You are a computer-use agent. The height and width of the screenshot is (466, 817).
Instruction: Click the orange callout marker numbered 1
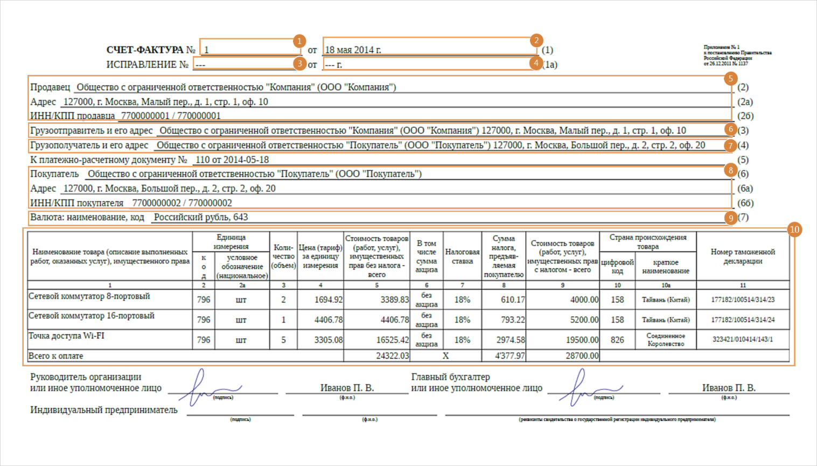tap(299, 41)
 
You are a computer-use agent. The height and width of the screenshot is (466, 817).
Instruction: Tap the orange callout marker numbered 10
tap(794, 229)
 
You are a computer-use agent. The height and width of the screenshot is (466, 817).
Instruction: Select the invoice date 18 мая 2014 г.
tap(353, 50)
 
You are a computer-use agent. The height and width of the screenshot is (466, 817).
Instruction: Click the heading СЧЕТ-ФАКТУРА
tap(145, 50)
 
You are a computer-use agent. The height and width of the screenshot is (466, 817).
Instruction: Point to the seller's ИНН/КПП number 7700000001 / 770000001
tap(171, 116)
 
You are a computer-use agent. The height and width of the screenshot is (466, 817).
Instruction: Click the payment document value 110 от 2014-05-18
tap(232, 160)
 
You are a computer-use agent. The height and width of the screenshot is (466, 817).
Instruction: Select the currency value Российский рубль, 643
tap(201, 218)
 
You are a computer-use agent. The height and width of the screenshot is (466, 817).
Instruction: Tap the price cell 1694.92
tap(328, 300)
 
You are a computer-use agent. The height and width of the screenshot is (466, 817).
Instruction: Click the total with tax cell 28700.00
tap(582, 356)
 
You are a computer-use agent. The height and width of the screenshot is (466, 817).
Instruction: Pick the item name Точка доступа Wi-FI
tap(66, 336)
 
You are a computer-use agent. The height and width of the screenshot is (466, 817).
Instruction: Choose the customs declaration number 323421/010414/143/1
tap(743, 340)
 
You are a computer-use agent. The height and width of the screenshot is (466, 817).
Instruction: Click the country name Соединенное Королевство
tap(666, 340)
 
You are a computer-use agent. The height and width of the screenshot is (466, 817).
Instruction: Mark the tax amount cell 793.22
tap(512, 320)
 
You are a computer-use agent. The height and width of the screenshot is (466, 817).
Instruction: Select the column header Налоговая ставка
tap(462, 256)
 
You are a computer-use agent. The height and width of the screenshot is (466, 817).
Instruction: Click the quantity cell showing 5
tap(283, 340)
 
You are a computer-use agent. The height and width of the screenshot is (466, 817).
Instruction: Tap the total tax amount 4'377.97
tap(510, 356)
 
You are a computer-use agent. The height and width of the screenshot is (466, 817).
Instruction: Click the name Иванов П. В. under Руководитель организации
tap(347, 388)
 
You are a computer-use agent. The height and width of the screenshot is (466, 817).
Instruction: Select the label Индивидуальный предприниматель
tap(104, 410)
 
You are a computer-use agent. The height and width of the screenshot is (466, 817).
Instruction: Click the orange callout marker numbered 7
tap(730, 145)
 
